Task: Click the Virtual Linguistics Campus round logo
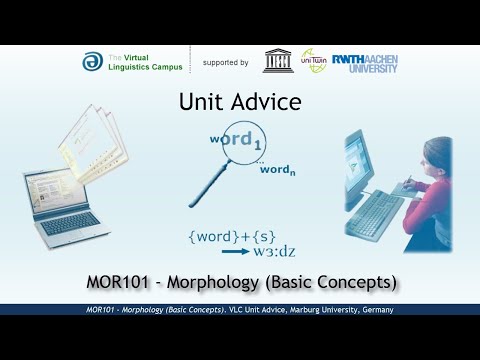tap(92, 62)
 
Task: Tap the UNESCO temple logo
tap(277, 60)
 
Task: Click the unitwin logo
tap(313, 60)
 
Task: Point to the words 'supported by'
tap(225, 62)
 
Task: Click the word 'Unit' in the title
tap(204, 101)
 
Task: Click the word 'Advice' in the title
tap(266, 101)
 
